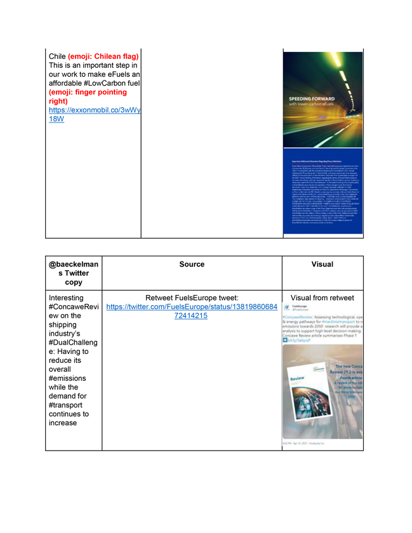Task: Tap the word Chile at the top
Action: pos(57,56)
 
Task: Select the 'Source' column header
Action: pos(192,265)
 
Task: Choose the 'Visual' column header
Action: pos(322,265)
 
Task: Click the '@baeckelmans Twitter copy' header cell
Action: pos(74,273)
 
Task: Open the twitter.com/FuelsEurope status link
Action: pos(192,311)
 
